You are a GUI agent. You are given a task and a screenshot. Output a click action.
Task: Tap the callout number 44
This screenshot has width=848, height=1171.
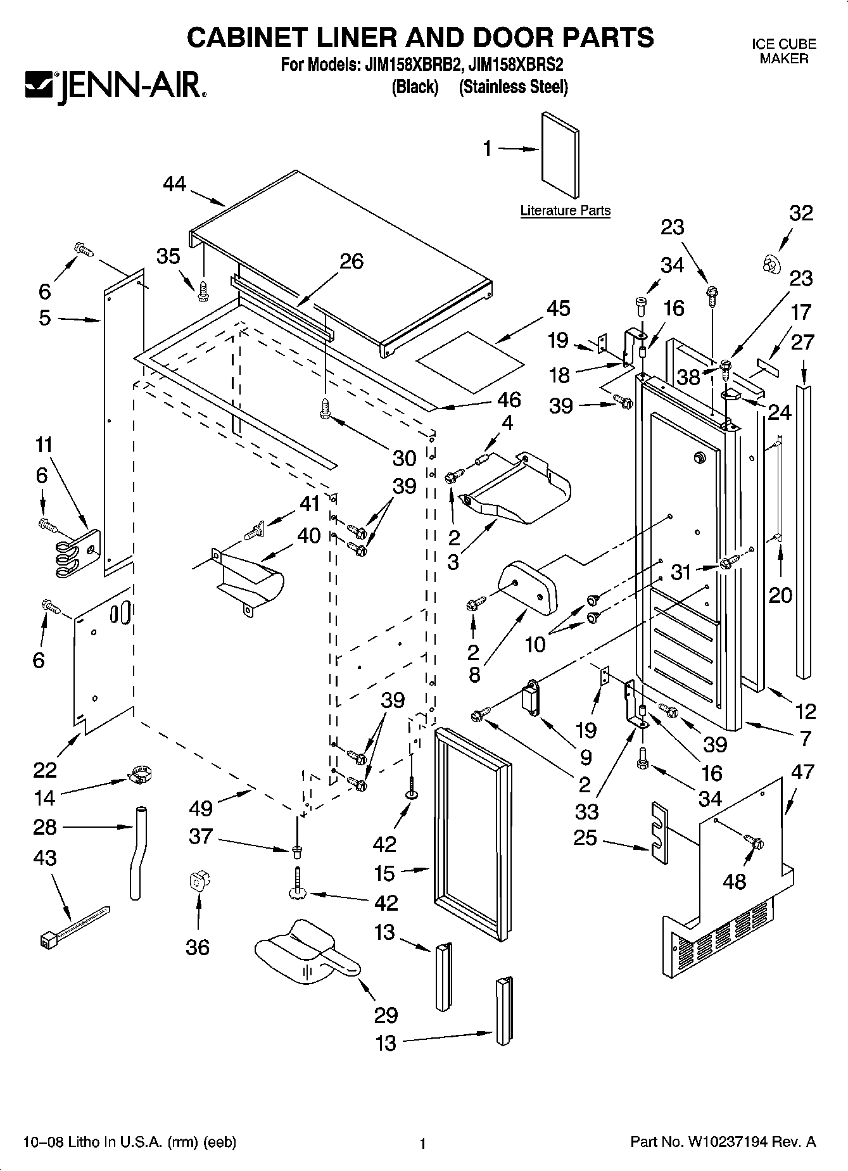click(175, 184)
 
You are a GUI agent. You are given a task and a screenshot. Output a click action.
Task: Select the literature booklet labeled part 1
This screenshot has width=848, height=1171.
click(559, 155)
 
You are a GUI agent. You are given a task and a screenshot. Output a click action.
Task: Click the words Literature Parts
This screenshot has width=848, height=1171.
click(566, 211)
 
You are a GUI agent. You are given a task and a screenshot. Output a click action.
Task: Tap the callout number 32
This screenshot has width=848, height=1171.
click(801, 213)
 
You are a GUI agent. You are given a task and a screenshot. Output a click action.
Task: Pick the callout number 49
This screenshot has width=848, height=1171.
click(201, 809)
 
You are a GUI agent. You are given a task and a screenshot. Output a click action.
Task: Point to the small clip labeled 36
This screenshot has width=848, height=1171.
click(199, 882)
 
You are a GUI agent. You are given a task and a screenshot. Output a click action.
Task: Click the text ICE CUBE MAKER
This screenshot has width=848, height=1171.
click(784, 51)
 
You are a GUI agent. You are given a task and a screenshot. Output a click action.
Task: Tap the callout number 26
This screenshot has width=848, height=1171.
click(351, 262)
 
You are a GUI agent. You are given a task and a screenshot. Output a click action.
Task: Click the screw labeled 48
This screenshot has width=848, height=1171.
click(754, 842)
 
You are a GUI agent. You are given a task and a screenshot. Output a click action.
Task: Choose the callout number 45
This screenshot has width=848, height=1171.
click(558, 308)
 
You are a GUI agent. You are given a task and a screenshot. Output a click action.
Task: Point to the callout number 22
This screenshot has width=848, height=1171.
click(46, 770)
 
